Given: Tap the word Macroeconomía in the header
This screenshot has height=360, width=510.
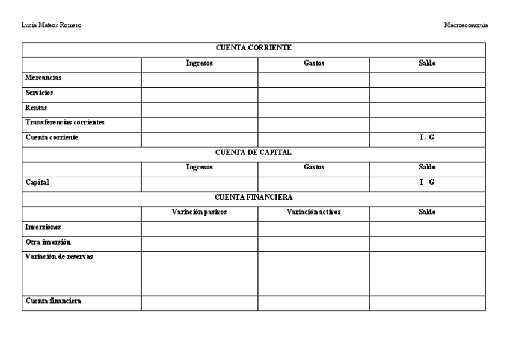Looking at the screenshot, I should tap(465, 25).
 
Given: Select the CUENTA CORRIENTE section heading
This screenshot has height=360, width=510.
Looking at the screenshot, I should tap(253, 47).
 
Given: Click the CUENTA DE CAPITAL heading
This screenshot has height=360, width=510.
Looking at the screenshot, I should tap(253, 153).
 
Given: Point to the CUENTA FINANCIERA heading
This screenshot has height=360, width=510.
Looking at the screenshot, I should tap(253, 197).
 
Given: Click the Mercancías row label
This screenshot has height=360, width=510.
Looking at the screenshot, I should tap(43, 78).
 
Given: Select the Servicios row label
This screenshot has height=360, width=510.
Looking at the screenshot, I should tap(39, 93).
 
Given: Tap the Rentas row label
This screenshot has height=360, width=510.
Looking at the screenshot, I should tap(36, 108).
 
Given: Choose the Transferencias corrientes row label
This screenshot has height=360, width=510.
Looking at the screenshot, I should tap(65, 123).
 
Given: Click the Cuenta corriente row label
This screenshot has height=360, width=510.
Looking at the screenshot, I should tap(52, 138).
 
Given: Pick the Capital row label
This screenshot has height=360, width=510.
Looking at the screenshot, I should tap(37, 183).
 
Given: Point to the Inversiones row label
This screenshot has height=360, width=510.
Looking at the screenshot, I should tap(43, 227).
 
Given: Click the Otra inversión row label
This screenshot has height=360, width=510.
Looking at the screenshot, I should tap(48, 242).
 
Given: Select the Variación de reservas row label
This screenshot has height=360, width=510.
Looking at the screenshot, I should tap(59, 257).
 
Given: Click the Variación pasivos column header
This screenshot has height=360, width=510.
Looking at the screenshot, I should tap(199, 212).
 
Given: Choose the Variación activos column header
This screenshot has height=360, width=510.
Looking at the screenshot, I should tap(313, 212).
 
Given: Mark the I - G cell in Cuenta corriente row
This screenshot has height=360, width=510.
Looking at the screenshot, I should tap(427, 138).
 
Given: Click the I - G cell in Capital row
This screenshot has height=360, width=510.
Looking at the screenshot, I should tap(427, 183).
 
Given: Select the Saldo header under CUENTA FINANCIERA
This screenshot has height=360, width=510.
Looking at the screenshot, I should tap(427, 212).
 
